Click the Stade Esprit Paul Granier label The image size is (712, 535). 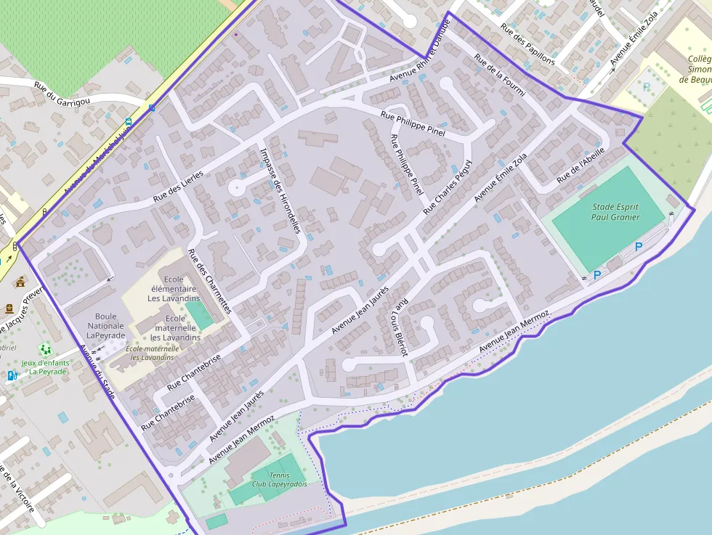[615, 211]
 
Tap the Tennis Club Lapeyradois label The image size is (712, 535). [279, 479]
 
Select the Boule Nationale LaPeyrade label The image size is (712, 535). [106, 326]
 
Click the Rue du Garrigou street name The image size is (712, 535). [62, 93]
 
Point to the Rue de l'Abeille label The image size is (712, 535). [580, 166]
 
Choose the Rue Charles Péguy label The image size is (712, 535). [448, 186]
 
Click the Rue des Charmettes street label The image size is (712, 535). [209, 281]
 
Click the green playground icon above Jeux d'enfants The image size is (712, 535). [45, 349]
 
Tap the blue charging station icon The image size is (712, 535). [12, 375]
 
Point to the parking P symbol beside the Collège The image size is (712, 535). [647, 87]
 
